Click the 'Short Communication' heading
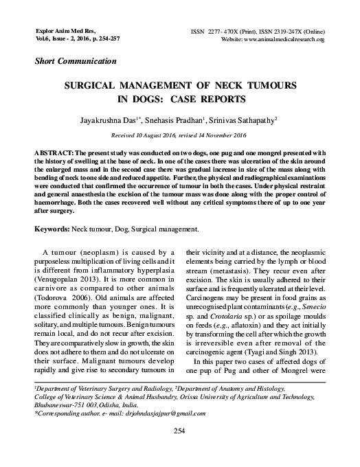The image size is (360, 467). [x=76, y=62]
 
